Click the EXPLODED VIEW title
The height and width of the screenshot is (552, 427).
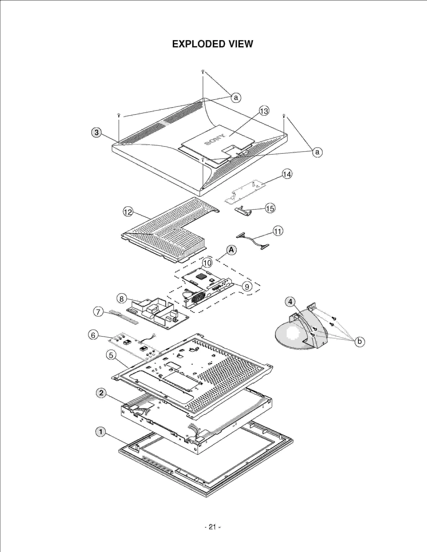212,44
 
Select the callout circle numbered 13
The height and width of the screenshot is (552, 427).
264,111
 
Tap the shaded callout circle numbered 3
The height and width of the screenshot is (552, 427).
96,132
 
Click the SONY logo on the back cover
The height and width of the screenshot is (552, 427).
215,140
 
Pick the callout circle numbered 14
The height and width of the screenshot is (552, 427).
287,174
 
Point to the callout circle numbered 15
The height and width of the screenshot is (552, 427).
270,208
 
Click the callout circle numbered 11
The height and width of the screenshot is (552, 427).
278,231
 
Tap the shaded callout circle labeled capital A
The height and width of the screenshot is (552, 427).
231,250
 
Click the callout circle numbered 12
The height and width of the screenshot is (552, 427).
128,212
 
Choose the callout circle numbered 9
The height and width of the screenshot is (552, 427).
247,287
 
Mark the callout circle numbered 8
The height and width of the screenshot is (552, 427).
121,299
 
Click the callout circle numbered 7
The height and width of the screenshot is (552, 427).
98,312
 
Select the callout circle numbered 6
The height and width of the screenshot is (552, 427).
93,335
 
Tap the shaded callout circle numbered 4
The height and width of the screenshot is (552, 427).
290,302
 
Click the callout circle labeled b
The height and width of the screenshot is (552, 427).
359,341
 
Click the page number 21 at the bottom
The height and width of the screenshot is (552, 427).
212,527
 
